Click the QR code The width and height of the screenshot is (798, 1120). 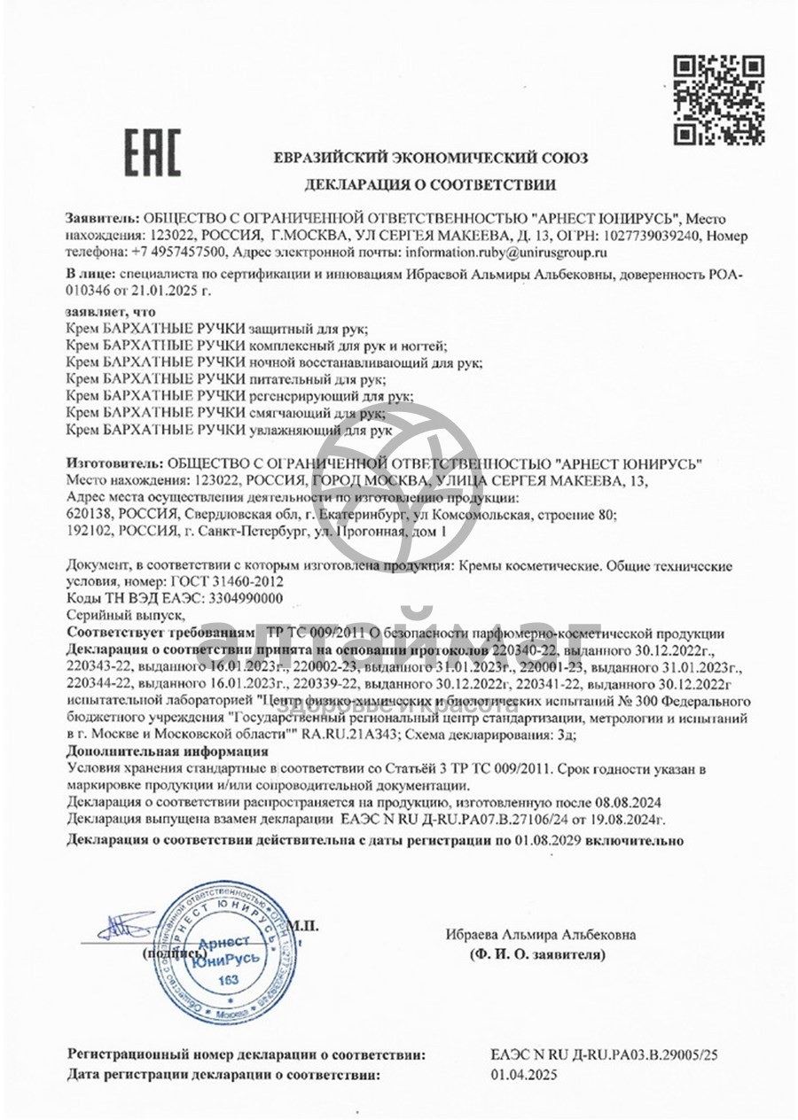coord(718,99)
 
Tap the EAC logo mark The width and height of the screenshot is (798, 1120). coord(152,152)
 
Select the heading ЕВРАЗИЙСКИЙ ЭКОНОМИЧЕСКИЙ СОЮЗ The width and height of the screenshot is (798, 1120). coord(431,158)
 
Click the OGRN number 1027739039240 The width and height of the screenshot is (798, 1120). coord(654,237)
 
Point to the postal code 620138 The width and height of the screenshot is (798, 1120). coord(89,515)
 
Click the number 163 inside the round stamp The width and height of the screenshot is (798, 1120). coord(228,980)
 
